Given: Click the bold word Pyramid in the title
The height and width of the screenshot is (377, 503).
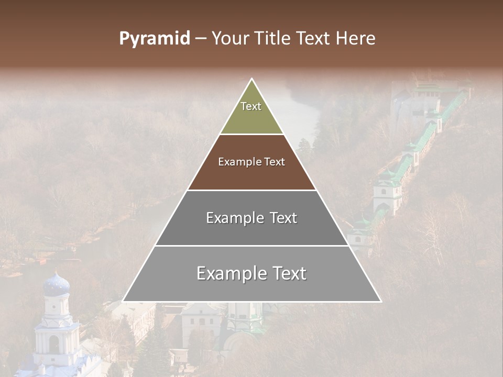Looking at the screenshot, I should [x=154, y=39].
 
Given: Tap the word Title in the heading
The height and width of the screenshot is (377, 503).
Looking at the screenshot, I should [x=275, y=39].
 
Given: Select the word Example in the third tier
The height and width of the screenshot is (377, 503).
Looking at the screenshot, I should [x=233, y=218].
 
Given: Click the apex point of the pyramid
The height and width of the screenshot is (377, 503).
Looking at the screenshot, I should [x=252, y=79].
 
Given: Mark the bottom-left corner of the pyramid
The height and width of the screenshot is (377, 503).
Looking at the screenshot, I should [x=123, y=301].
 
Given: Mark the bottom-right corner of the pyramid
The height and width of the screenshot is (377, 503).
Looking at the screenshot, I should [x=381, y=301].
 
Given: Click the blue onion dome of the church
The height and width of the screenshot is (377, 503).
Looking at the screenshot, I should [x=56, y=285].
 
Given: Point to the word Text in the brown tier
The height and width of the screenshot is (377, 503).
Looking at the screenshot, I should [x=275, y=162].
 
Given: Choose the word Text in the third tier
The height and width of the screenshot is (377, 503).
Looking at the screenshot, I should [x=280, y=218].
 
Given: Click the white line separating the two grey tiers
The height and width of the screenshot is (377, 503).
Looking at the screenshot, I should [x=251, y=246].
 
